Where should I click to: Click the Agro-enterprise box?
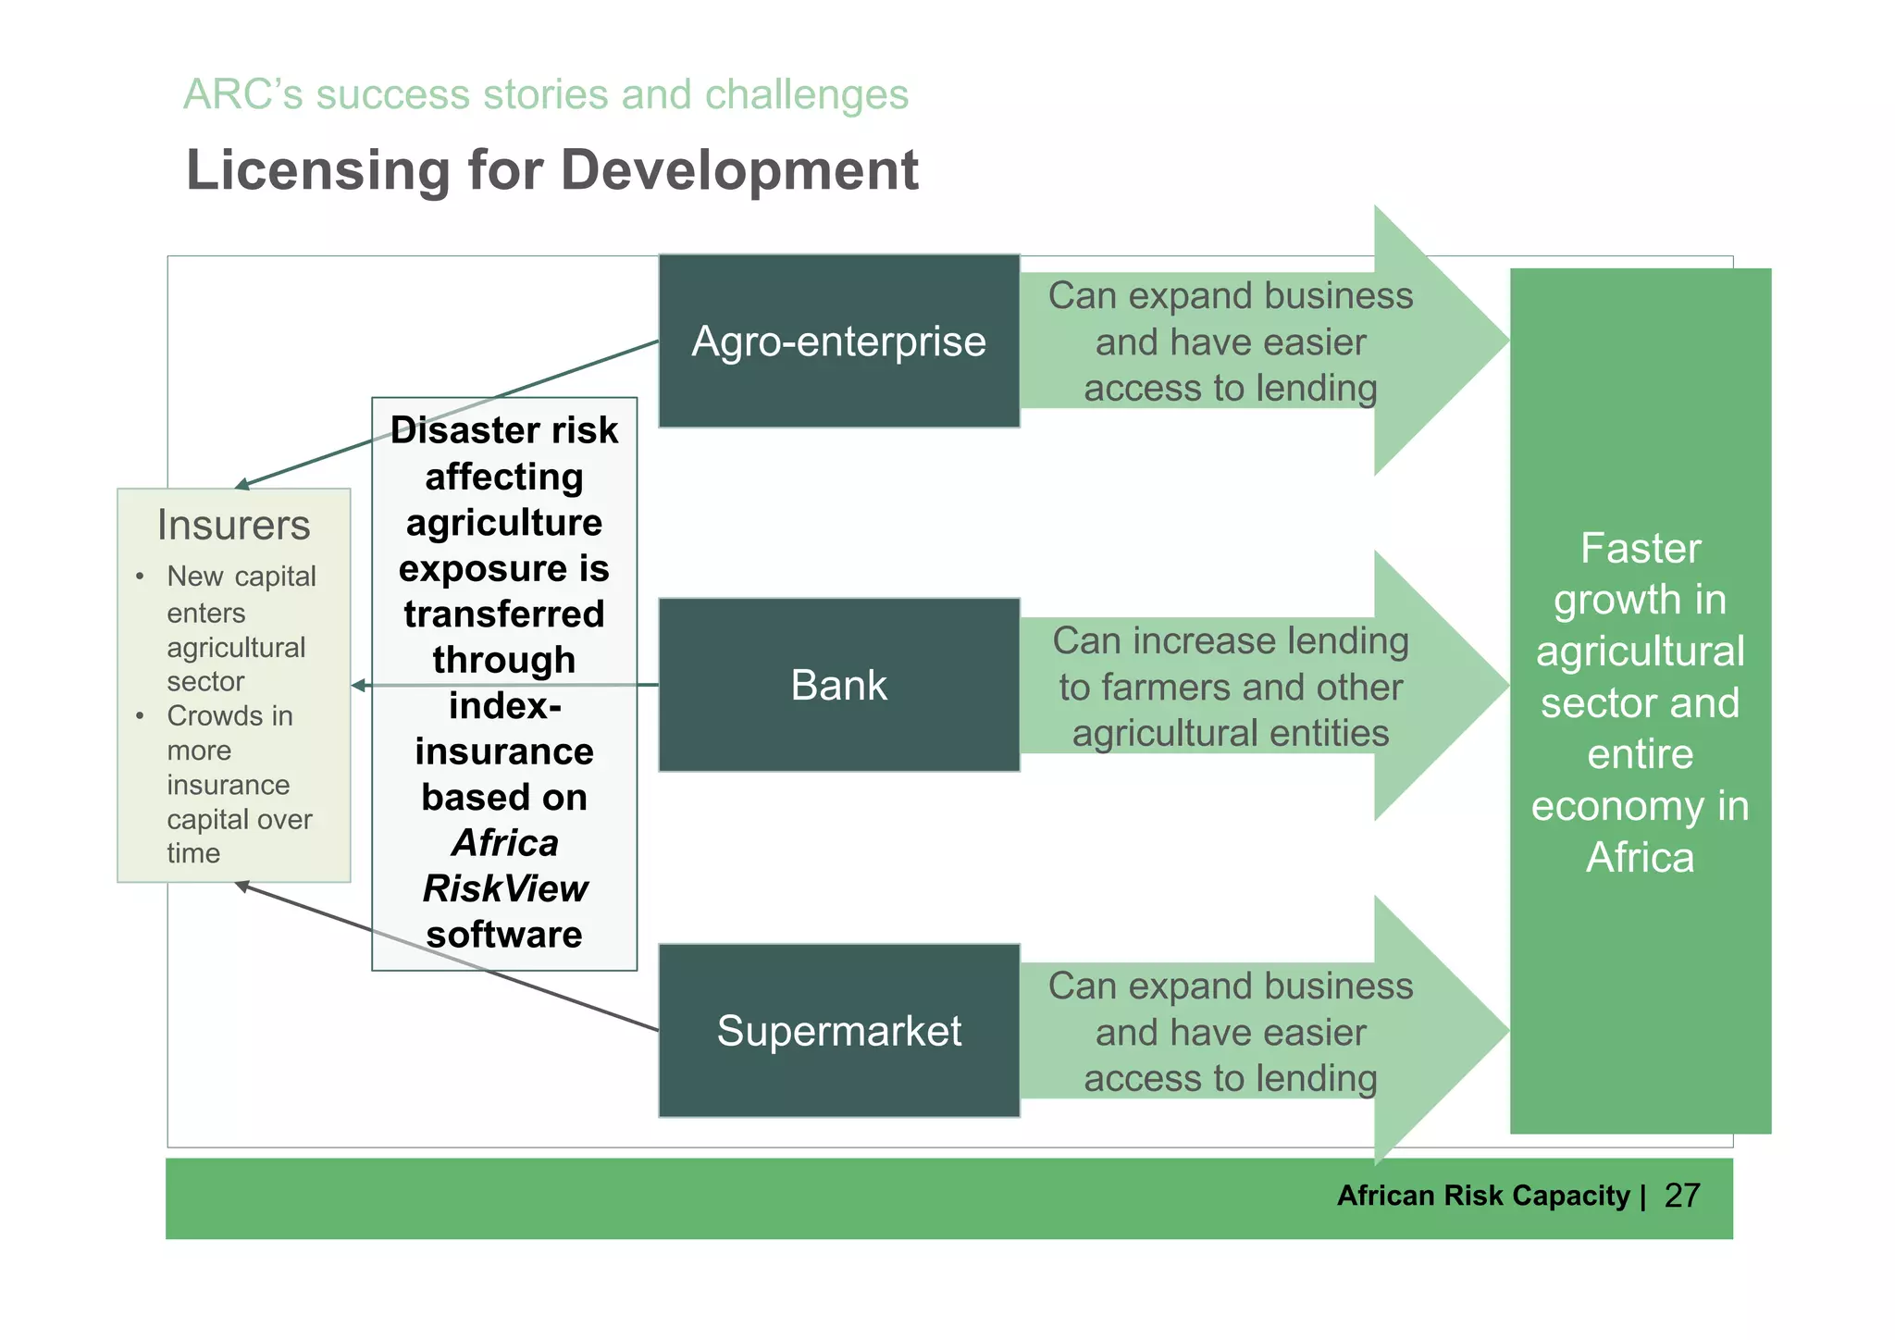tap(838, 341)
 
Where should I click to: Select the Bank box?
tap(838, 685)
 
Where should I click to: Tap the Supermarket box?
tap(838, 1030)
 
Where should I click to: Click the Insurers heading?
tap(233, 525)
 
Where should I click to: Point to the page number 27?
tap(1681, 1196)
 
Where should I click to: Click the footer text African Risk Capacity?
tap(1482, 1196)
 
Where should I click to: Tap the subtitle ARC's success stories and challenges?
tap(545, 94)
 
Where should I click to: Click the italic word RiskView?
tap(504, 888)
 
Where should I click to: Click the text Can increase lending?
tap(1230, 640)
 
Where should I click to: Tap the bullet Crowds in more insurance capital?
tap(239, 784)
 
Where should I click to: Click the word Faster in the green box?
tap(1640, 548)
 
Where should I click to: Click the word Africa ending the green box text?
tap(1640, 857)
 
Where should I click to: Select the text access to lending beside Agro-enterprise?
tap(1230, 388)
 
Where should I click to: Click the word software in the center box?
tap(504, 935)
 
